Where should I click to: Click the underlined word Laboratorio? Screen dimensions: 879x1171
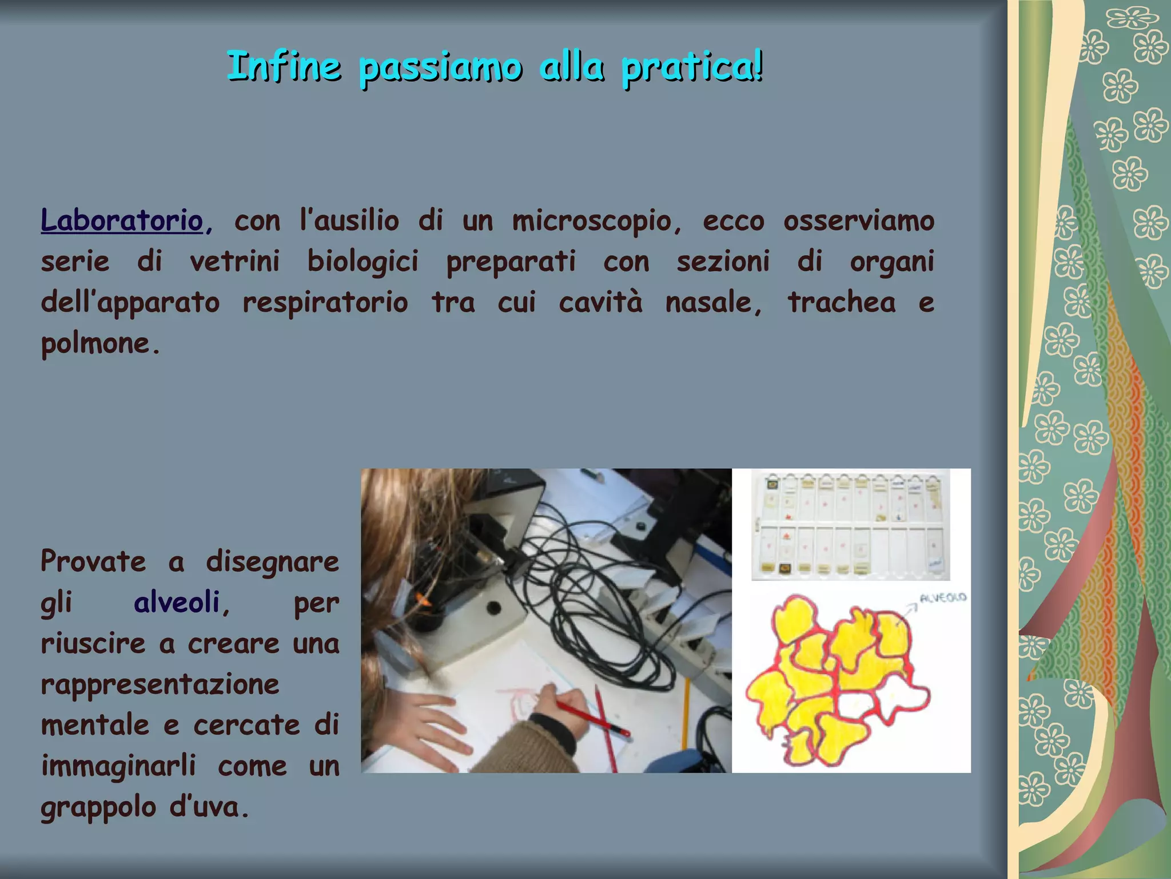122,221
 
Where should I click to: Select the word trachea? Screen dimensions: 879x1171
842,302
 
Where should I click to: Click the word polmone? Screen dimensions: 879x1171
95,344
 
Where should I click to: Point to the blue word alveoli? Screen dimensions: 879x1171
177,603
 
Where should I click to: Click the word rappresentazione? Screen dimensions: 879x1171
160,684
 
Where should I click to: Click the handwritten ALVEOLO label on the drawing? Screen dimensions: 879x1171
942,598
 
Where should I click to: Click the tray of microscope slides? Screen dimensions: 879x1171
851,525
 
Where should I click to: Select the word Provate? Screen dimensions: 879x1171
93,561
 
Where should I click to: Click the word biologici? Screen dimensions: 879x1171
363,262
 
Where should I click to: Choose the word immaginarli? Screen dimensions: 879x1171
118,766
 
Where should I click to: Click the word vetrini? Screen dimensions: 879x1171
234,262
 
